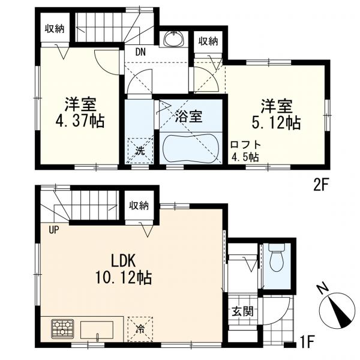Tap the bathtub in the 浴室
click(x=191, y=148)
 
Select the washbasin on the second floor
click(x=173, y=38)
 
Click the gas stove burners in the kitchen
click(x=62, y=329)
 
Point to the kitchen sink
click(x=97, y=330)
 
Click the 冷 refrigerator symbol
click(x=140, y=329)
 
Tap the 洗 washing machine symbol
click(x=140, y=150)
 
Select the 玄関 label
click(x=242, y=311)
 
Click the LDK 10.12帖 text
click(x=123, y=271)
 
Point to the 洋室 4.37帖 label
click(x=80, y=113)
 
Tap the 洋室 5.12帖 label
click(x=276, y=115)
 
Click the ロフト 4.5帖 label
click(x=245, y=151)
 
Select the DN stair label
click(x=140, y=52)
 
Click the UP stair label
click(x=54, y=229)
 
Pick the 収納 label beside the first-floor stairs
click(x=139, y=206)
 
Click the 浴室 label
click(x=188, y=116)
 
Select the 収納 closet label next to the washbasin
click(x=208, y=41)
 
